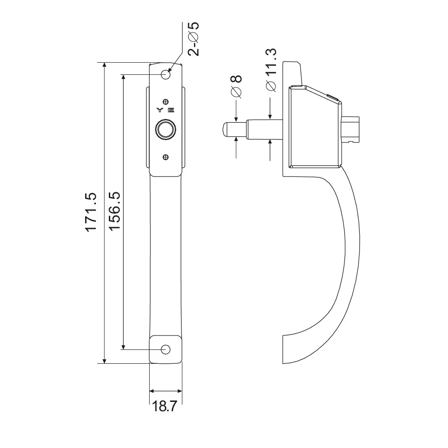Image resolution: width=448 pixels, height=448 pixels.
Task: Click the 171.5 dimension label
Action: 91,212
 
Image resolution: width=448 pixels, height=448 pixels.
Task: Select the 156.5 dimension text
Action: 116,212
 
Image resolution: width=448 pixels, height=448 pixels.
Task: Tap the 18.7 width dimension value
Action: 165,407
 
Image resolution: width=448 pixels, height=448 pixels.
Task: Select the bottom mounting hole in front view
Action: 166,349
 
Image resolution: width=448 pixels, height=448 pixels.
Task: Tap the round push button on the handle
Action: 165,130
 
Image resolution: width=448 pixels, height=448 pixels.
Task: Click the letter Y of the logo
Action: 159,110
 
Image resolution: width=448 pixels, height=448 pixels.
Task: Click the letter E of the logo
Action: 172,110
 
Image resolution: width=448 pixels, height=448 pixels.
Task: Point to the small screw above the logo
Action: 166,101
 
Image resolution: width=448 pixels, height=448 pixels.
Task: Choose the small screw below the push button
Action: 166,157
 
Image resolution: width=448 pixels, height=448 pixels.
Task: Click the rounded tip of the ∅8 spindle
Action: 223,129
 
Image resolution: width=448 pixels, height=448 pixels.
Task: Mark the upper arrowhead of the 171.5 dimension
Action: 104,66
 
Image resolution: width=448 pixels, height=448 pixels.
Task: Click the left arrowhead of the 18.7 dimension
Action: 152,391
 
